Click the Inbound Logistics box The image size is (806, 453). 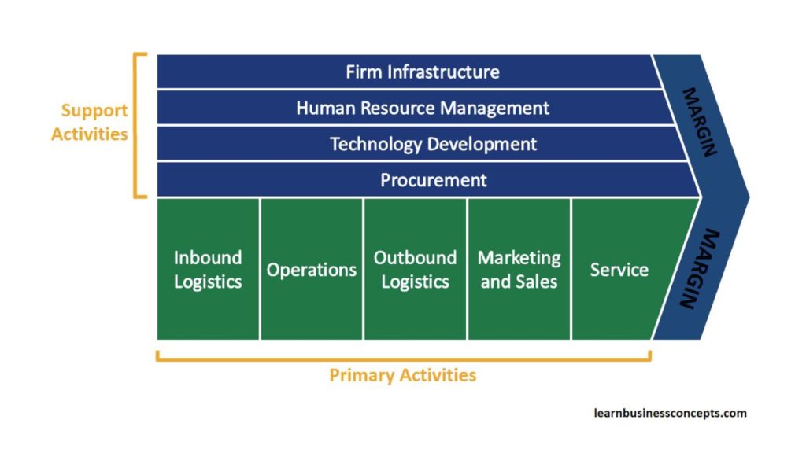(208, 269)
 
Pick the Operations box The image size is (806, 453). (312, 269)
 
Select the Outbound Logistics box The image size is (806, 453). (415, 269)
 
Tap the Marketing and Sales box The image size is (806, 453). (519, 269)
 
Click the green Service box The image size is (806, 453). (619, 269)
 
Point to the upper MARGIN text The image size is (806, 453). (698, 122)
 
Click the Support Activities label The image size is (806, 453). (90, 123)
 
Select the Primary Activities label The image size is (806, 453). (402, 375)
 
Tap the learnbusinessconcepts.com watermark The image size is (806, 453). (670, 413)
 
